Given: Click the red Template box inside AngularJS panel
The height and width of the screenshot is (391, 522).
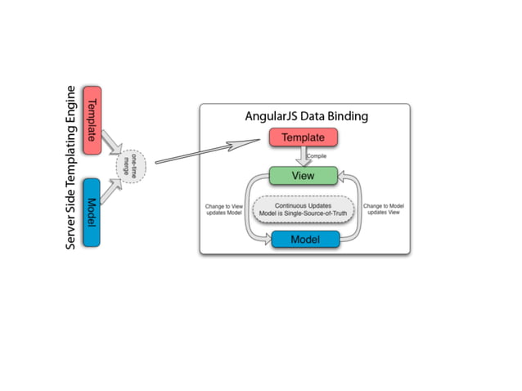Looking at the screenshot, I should (x=304, y=138).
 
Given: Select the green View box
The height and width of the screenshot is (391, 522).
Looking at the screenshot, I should (x=304, y=176).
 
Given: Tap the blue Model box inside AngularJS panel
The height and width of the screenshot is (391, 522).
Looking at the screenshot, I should (x=304, y=239).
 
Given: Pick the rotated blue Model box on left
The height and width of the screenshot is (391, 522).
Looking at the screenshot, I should (x=91, y=213).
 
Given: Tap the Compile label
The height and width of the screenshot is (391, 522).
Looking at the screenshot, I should (x=317, y=156).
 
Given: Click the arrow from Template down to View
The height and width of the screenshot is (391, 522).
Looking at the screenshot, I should (x=303, y=157).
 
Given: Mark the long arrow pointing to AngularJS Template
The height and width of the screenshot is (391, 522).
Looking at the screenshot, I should (x=209, y=151).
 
